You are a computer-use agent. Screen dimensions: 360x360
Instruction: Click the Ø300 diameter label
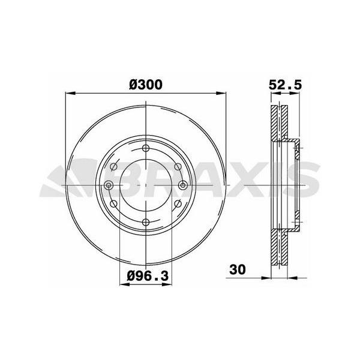click(x=146, y=85)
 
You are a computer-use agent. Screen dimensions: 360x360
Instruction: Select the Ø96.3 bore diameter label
click(x=148, y=275)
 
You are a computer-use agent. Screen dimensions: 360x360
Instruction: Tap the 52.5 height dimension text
click(x=285, y=85)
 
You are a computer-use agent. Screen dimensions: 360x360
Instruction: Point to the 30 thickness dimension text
click(x=238, y=269)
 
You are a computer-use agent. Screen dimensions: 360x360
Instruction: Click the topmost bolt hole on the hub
click(x=146, y=148)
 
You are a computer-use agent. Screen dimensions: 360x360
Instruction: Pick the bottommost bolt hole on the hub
click(x=146, y=222)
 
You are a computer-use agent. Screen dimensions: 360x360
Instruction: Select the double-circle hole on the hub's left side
click(x=109, y=185)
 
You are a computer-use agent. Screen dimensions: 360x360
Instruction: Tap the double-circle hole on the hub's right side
click(x=183, y=185)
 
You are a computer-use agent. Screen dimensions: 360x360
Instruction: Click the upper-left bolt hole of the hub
click(x=113, y=167)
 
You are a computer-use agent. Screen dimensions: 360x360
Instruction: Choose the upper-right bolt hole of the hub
click(x=178, y=167)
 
